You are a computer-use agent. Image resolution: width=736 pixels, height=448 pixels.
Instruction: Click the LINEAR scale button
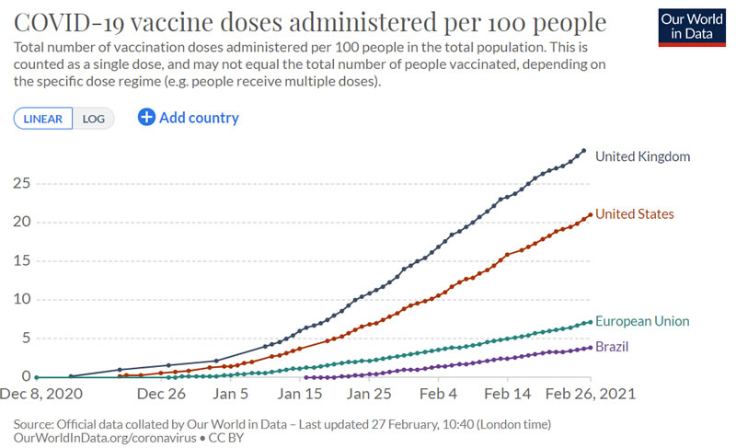pos(43,119)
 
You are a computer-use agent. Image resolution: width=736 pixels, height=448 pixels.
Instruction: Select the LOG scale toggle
pos(93,119)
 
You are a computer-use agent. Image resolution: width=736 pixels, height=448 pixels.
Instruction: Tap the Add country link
pos(189,118)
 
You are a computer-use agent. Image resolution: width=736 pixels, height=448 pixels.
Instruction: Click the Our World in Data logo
pos(691,28)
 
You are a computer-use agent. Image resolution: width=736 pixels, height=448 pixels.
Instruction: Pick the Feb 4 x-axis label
pos(440,393)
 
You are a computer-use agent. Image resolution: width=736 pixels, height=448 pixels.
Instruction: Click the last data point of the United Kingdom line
pos(583,151)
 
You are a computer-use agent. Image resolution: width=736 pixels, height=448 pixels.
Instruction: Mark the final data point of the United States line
pos(590,215)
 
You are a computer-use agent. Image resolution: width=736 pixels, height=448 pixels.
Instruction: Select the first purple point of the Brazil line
pos(305,377)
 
